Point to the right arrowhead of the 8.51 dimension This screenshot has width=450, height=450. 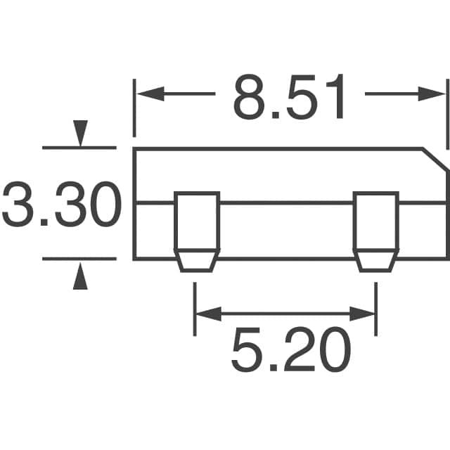pos(433,94)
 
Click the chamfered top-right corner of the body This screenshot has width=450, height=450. pos(435,159)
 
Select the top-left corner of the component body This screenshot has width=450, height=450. pos(135,149)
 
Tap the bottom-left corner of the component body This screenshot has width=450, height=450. pos(135,259)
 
